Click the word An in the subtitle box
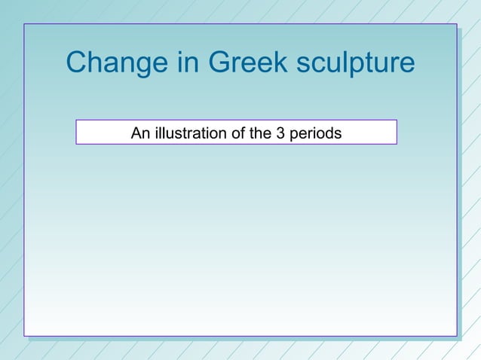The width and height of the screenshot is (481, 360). coord(139,134)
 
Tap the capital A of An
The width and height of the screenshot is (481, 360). coord(136,134)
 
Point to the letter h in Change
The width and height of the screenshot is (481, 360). coord(98,63)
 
